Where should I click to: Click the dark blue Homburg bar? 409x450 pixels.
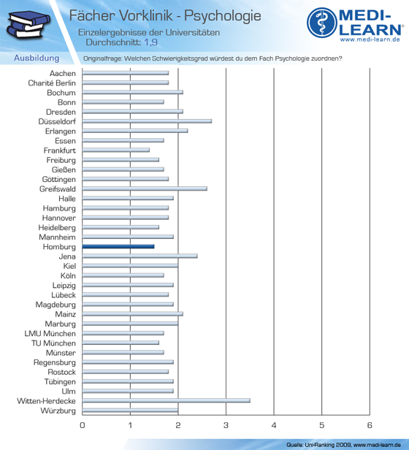coord(118,246)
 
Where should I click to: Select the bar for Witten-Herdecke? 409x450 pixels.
coord(167,400)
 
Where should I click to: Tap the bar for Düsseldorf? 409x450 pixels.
coord(147,121)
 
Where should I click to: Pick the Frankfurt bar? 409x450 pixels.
coord(116,150)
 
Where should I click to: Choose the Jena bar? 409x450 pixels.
coord(139,256)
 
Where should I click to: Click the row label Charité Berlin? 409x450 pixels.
coord(52,83)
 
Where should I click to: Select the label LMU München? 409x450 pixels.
coord(50,333)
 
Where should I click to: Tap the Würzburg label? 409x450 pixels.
coord(58,411)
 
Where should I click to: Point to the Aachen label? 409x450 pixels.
coord(63,74)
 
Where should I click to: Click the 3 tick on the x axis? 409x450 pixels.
coord(226,425)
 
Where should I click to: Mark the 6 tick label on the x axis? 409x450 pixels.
coord(370,425)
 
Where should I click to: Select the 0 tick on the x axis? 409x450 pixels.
coord(83,425)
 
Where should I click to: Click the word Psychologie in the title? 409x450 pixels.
coord(223,16)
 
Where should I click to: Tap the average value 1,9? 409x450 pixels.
coord(150,42)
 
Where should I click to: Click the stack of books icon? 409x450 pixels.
coord(28,24)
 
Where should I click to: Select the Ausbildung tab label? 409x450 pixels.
coord(37,58)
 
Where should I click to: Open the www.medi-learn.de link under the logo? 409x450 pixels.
coord(370,39)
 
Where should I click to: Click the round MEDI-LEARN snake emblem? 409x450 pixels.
coord(322,23)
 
